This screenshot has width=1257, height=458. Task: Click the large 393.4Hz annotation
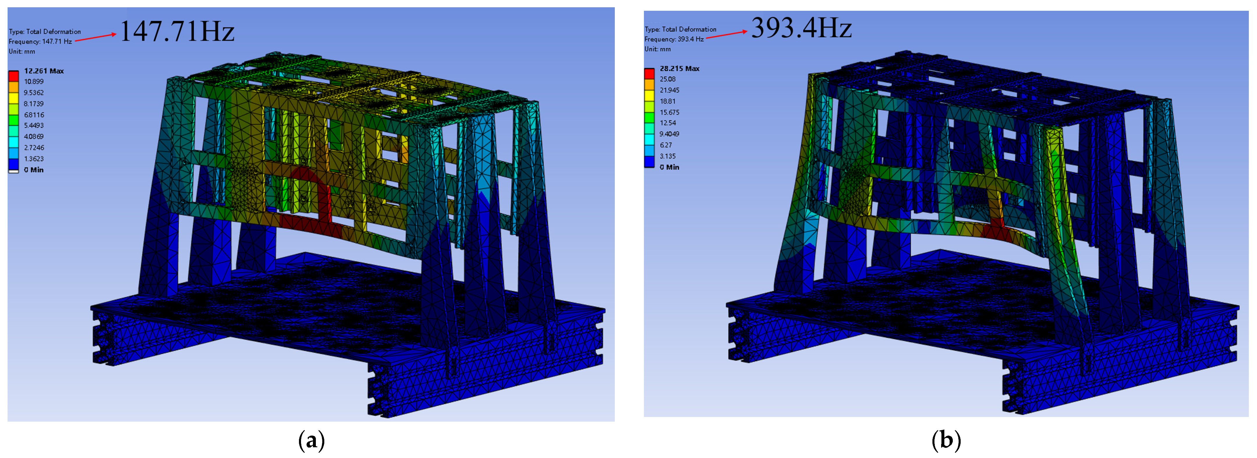point(801,28)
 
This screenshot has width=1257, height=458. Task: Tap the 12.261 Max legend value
point(44,71)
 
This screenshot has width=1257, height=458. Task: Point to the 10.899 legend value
point(34,81)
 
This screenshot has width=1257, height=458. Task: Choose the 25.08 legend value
point(668,79)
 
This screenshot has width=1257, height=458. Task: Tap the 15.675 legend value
point(670,112)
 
